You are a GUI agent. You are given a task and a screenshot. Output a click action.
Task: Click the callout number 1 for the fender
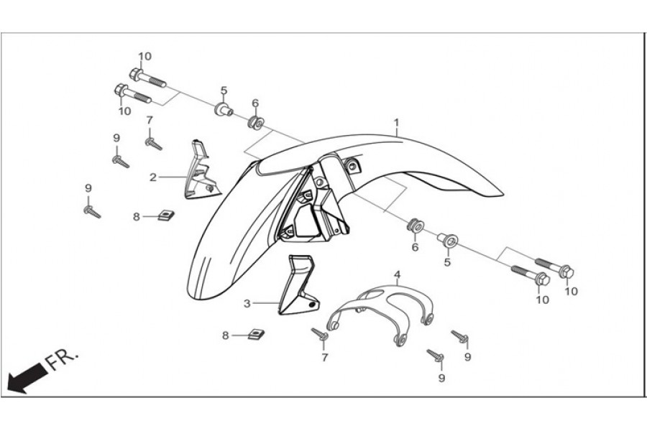(396, 123)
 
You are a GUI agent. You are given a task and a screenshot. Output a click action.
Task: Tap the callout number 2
(153, 176)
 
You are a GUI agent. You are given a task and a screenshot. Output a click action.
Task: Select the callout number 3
(247, 304)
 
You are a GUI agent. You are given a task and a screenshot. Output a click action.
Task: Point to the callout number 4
(396, 274)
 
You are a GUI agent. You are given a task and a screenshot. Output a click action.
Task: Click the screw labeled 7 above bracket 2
(153, 142)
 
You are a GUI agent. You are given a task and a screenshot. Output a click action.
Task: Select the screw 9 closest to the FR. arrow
(92, 212)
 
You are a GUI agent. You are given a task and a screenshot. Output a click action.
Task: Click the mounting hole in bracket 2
(208, 188)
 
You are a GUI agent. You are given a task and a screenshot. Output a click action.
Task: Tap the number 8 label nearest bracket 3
(225, 335)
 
